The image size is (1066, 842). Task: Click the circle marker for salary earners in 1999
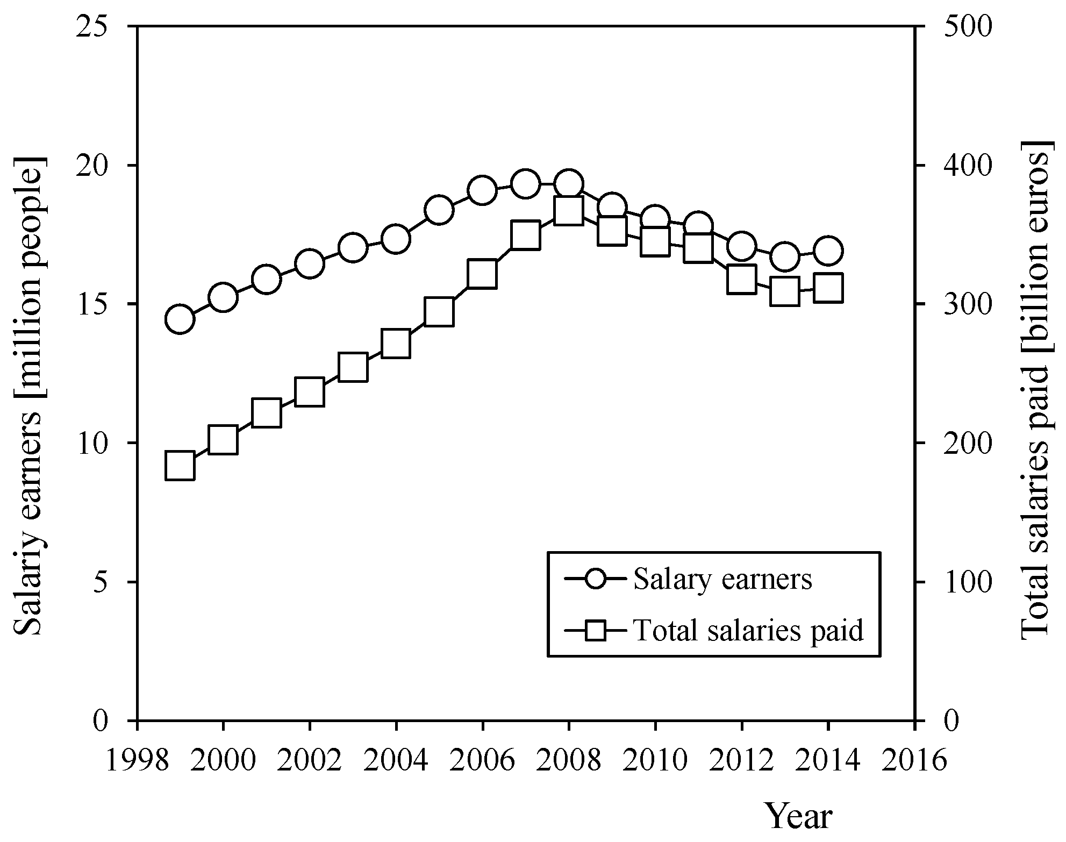point(180,319)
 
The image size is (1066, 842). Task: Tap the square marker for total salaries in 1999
point(180,466)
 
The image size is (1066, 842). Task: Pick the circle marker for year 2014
point(828,251)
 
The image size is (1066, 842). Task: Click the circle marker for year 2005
point(439,210)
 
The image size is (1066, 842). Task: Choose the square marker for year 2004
point(396,344)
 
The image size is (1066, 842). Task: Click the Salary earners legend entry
point(722,579)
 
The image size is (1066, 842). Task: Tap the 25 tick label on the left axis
point(96,27)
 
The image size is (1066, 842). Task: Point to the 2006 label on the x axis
point(482,761)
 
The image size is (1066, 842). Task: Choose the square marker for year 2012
point(742,280)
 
